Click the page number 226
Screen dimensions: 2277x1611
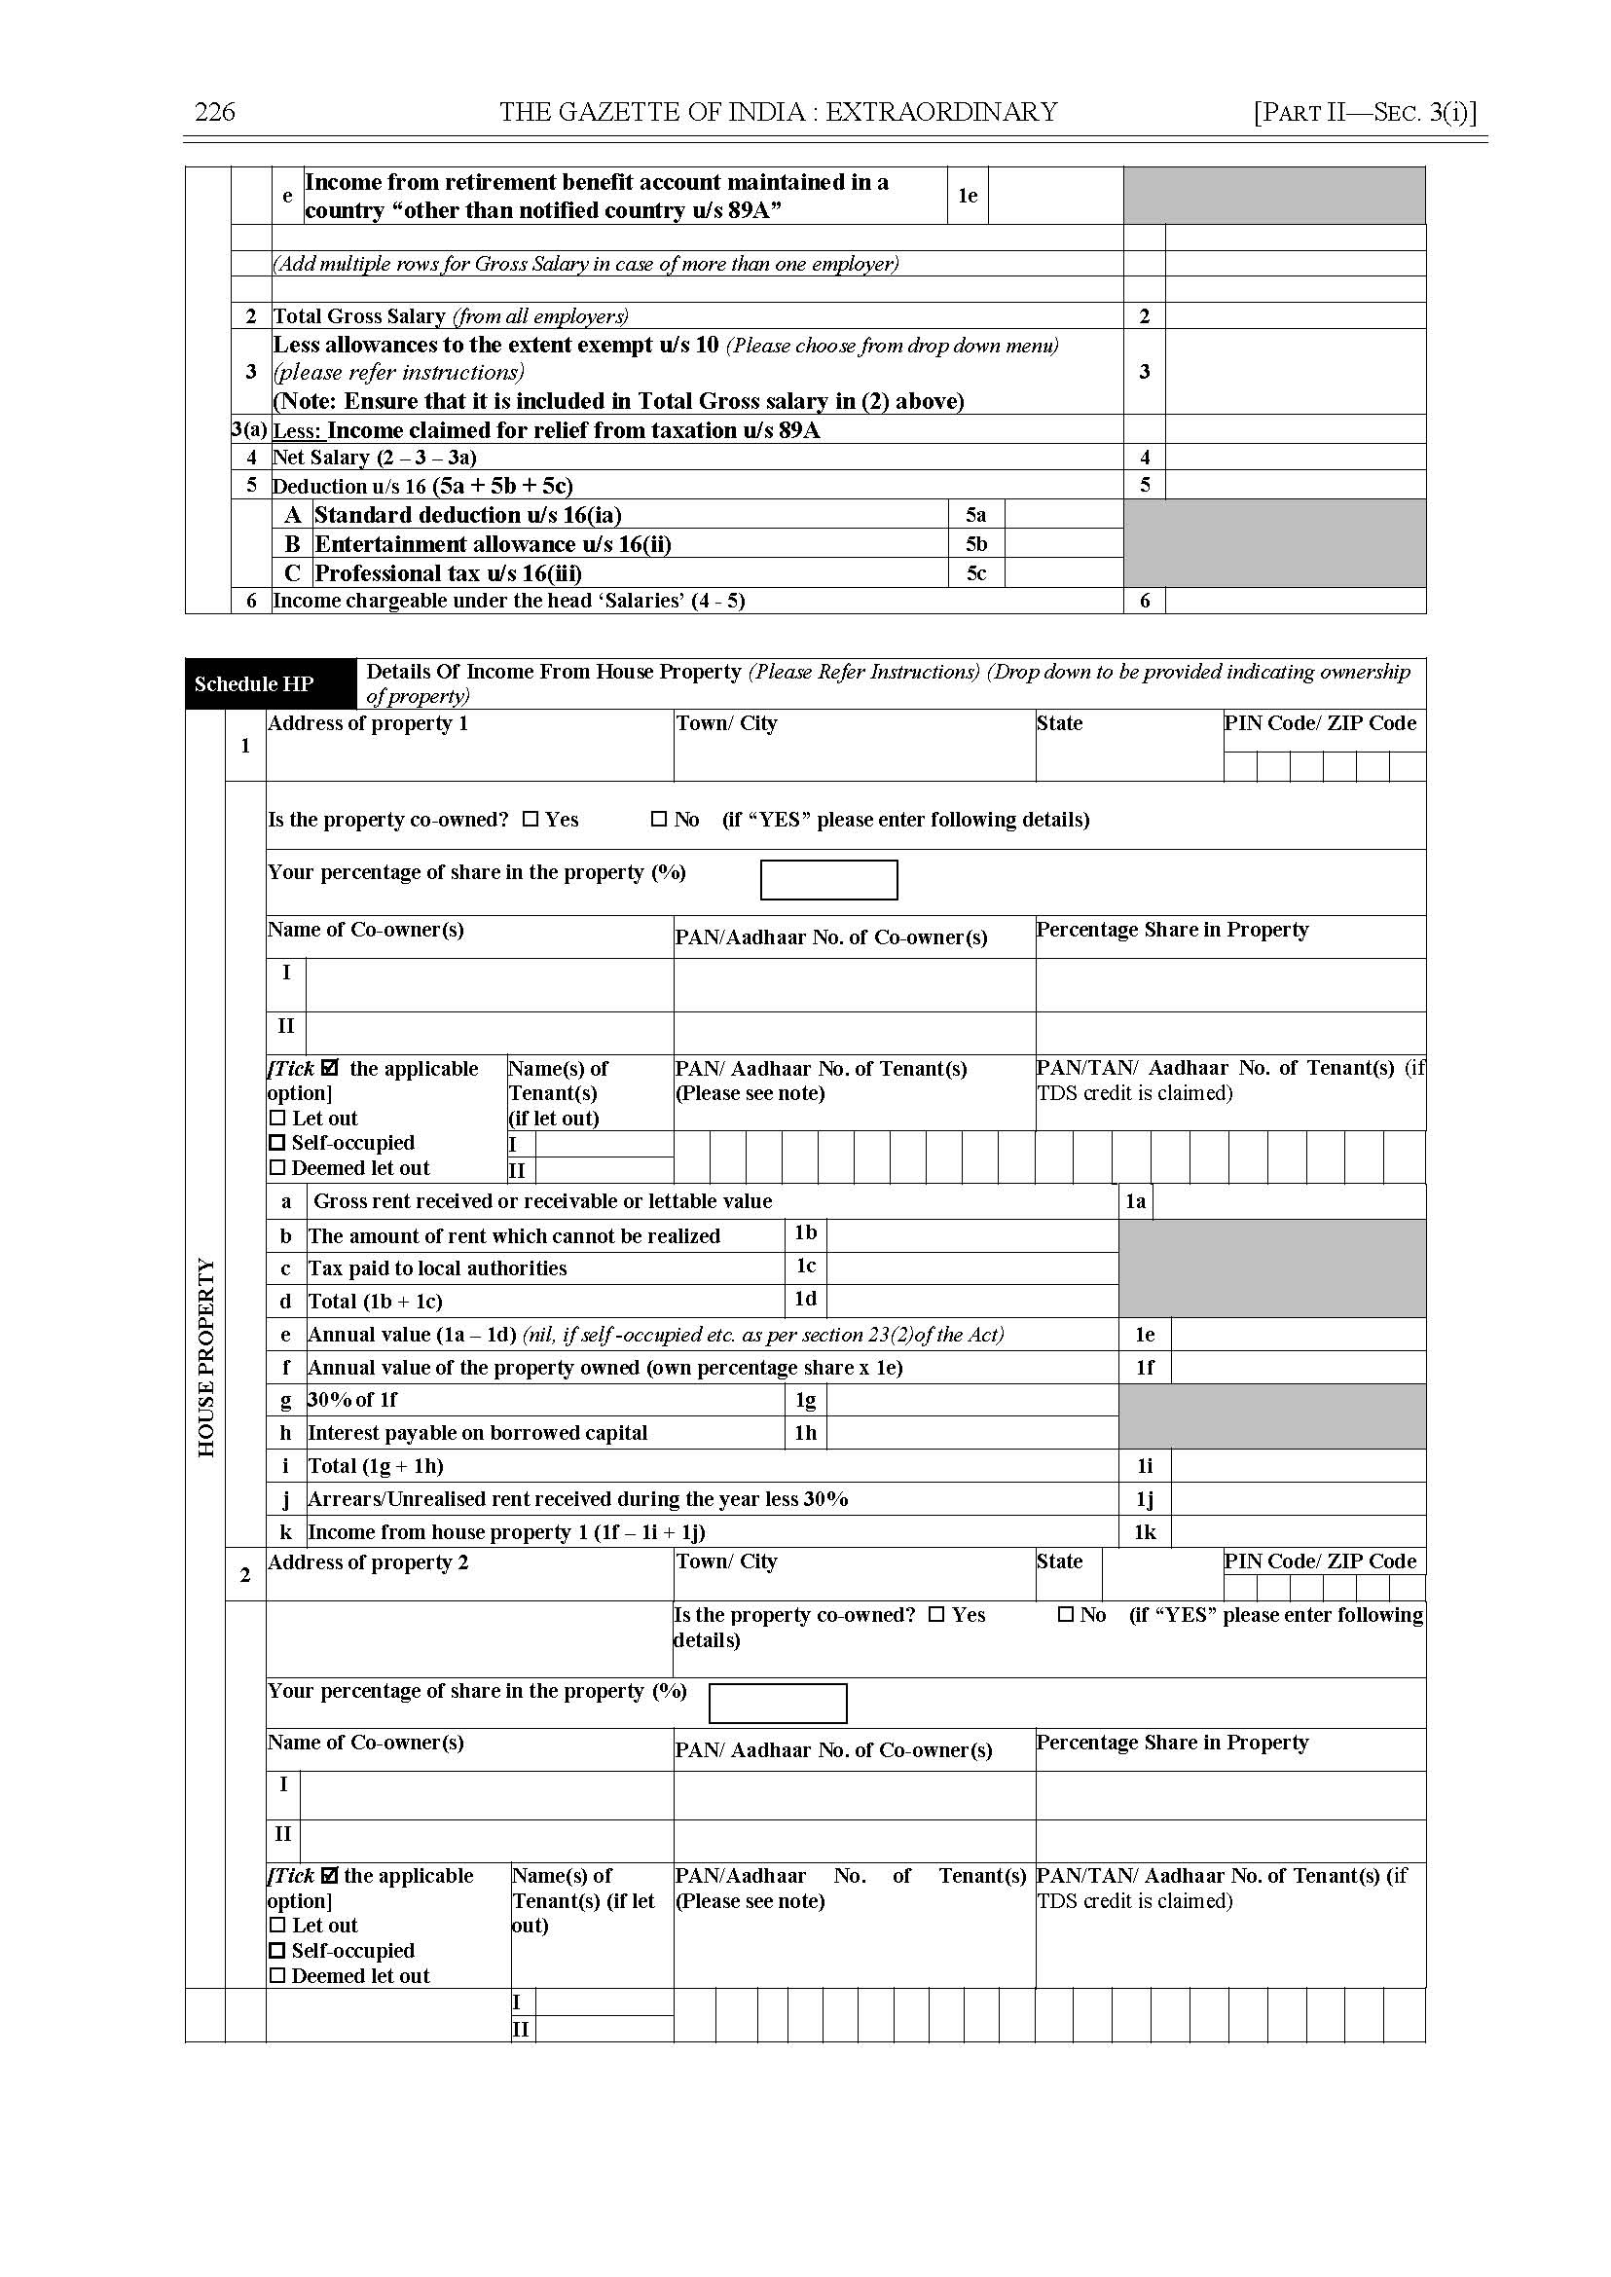point(214,112)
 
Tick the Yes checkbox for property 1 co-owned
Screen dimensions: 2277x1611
point(531,820)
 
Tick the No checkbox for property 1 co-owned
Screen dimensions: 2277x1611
point(660,820)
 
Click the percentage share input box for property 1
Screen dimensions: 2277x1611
point(828,880)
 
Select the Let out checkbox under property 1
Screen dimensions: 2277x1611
point(276,1119)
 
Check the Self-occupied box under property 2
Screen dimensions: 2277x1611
point(276,1951)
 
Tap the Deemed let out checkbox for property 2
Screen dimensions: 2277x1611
point(276,1975)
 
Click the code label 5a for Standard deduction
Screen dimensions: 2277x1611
point(976,515)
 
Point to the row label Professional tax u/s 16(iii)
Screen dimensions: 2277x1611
point(448,573)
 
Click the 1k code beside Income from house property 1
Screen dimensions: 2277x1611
point(1145,1532)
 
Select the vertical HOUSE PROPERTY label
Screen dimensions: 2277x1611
point(206,1357)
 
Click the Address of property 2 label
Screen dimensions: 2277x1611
point(368,1562)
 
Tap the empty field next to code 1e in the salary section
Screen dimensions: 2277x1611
point(1055,196)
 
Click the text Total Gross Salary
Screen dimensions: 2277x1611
point(359,316)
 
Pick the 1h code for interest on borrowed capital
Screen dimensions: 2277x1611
point(806,1433)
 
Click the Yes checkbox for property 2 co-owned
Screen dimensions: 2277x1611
point(936,1614)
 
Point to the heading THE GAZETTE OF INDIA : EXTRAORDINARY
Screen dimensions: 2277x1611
point(779,112)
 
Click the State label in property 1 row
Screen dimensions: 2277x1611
point(1059,723)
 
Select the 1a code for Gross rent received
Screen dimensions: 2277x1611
point(1136,1201)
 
